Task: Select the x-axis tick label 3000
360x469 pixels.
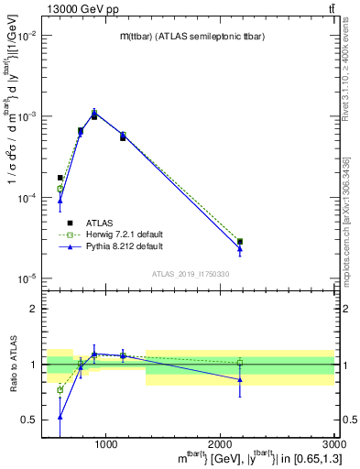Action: tap(333, 444)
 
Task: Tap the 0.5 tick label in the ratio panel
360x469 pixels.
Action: tap(29, 420)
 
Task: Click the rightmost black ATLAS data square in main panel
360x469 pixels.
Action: tap(240, 242)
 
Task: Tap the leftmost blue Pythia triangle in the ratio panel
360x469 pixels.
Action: tap(60, 416)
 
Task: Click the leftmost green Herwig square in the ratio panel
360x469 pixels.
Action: tap(60, 390)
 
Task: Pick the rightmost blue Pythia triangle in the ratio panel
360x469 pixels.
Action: tap(240, 379)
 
